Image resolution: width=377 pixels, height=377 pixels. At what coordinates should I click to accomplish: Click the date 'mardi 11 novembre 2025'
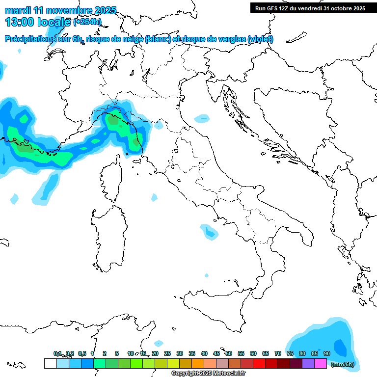pyautogui.click(x=60, y=10)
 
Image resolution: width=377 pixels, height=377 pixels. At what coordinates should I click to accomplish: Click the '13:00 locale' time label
pyautogui.click(x=37, y=22)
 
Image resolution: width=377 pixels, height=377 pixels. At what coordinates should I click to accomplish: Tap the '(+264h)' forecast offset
pyautogui.click(x=88, y=22)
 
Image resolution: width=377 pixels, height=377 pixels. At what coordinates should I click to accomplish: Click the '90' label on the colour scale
pyautogui.click(x=327, y=353)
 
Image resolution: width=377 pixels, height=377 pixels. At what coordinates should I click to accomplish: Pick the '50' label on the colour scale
pyautogui.click(x=229, y=353)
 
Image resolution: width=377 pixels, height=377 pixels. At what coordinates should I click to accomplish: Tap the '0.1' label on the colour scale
pyautogui.click(x=57, y=353)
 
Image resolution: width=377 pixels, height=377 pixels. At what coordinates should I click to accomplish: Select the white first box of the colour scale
pyautogui.click(x=50, y=363)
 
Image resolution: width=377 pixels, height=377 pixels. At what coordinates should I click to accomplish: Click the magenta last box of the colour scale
pyautogui.click(x=321, y=363)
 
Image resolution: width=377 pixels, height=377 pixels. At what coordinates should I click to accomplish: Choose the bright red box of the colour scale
pyautogui.click(x=259, y=363)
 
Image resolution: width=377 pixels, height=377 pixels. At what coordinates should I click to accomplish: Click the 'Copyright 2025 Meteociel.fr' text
pyautogui.click(x=209, y=373)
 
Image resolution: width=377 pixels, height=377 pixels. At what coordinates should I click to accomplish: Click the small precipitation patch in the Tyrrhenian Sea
pyautogui.click(x=209, y=231)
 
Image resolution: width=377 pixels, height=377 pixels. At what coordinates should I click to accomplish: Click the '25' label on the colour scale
pyautogui.click(x=167, y=353)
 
